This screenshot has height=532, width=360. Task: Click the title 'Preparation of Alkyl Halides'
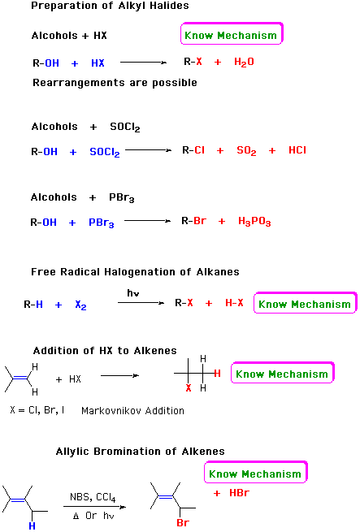110,6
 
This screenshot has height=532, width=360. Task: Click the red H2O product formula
244,62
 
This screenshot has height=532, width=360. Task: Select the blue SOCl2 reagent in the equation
105,152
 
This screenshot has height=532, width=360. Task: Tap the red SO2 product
246,150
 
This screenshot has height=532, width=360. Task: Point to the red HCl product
297,150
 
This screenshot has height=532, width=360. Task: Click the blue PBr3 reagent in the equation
102,223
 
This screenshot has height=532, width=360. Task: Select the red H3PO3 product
254,222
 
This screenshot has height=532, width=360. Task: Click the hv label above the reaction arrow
133,293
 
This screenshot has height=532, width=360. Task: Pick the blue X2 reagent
80,305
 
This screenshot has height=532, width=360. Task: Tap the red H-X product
234,303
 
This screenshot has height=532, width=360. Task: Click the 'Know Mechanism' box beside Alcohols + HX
232,33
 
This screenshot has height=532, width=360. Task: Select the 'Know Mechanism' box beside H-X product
305,303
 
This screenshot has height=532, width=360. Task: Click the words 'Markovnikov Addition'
132,411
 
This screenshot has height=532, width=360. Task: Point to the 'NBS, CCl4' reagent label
93,497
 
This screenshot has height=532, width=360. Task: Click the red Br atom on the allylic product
183,523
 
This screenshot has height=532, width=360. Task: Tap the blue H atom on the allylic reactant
32,526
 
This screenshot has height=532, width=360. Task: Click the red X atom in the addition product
189,387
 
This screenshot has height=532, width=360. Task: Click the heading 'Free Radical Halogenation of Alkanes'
135,272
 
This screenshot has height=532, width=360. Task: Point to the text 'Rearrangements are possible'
115,83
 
